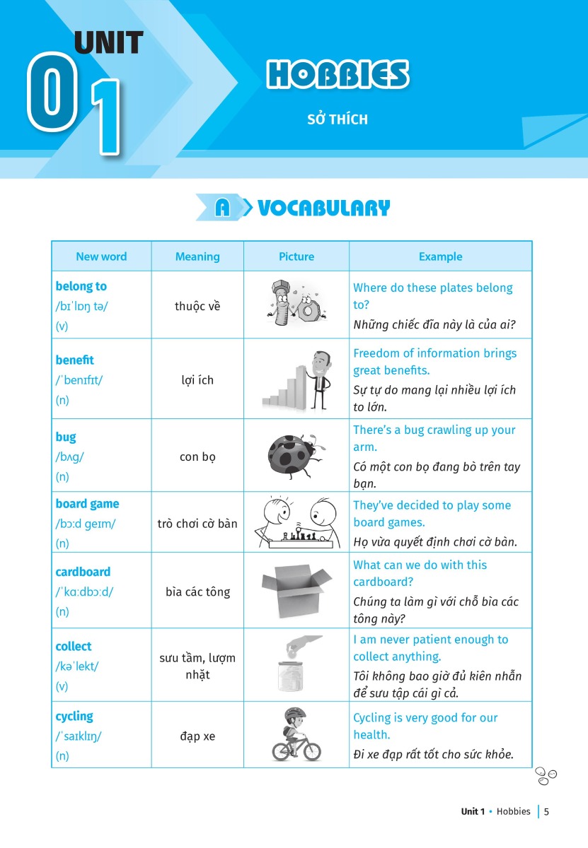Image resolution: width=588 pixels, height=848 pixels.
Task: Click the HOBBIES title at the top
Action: [338, 75]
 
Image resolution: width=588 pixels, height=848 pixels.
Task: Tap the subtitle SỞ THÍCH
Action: [338, 119]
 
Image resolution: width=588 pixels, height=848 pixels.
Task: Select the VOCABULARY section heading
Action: [323, 208]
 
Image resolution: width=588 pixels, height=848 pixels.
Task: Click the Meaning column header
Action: [197, 257]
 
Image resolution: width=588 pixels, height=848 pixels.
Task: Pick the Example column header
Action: [440, 257]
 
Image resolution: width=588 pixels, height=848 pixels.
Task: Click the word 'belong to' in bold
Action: [81, 286]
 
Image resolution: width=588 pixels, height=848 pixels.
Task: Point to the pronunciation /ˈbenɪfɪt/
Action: [79, 380]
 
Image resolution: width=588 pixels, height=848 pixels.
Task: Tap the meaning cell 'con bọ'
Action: [197, 457]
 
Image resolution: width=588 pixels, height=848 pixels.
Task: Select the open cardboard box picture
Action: [296, 590]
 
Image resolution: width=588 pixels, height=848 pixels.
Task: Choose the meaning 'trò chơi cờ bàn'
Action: [197, 524]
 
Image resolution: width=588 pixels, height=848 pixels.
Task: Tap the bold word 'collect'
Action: [74, 646]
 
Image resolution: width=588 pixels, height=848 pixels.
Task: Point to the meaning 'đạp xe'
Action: [197, 736]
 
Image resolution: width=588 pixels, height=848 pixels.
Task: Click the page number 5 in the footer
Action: [546, 811]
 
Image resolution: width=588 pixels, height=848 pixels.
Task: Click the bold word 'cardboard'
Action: [83, 572]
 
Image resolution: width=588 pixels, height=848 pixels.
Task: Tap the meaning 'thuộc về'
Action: [197, 306]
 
